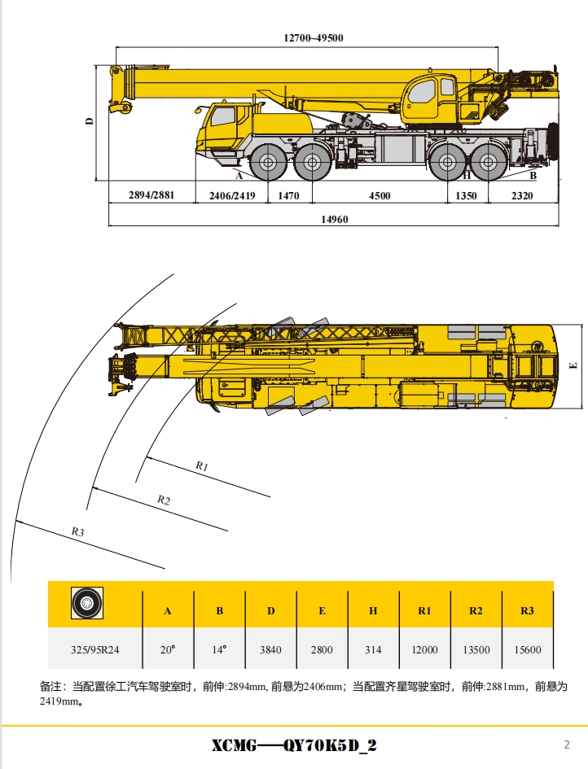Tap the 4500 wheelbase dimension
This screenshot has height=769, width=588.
(x=380, y=195)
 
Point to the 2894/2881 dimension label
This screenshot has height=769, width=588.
(x=151, y=195)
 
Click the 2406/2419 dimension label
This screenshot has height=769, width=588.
(x=232, y=195)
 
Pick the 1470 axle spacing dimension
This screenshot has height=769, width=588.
(x=289, y=195)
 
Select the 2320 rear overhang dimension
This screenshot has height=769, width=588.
(x=523, y=195)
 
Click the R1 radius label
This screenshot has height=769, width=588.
(x=203, y=466)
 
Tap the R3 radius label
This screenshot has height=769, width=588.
(x=78, y=531)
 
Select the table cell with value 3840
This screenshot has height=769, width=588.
(x=270, y=649)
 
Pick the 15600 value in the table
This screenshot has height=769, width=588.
(x=527, y=649)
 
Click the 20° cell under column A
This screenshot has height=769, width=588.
(x=169, y=649)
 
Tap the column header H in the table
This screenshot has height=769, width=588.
(x=373, y=610)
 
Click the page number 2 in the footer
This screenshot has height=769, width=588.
(x=567, y=744)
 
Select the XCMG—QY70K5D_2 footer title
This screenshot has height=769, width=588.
(x=294, y=745)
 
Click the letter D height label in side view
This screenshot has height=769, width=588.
(x=90, y=122)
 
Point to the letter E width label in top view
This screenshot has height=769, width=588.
(x=573, y=365)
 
